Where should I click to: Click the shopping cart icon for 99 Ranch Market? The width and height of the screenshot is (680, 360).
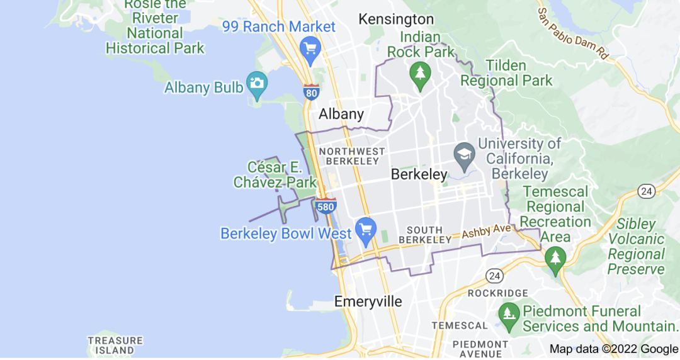pos(310,48)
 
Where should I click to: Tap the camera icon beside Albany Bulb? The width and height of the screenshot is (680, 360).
pos(257,83)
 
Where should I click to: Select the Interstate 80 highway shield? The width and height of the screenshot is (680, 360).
pos(311,92)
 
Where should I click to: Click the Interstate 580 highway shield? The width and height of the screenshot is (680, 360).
pos(326,205)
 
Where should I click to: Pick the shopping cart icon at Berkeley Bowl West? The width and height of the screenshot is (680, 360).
pos(366,228)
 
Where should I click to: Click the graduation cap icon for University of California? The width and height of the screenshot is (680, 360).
pos(465,154)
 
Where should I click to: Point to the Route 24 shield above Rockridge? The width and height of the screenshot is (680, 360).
pos(494,275)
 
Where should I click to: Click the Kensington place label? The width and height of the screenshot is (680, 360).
pos(396,20)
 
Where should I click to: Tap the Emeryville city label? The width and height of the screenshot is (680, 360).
pos(368,301)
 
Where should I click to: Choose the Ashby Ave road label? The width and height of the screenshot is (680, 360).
pos(486,232)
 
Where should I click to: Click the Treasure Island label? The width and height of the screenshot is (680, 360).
pos(111,345)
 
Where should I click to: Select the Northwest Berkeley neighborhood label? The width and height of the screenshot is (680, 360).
pos(352,156)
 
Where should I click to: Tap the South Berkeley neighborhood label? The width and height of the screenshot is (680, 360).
pos(429,235)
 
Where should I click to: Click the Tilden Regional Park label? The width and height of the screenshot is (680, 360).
pos(506,73)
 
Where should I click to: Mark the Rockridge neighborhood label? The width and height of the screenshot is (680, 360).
pos(498,293)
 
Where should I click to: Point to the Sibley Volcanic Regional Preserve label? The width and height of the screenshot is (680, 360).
pos(636,247)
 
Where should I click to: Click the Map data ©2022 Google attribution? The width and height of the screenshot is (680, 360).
pos(613,349)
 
